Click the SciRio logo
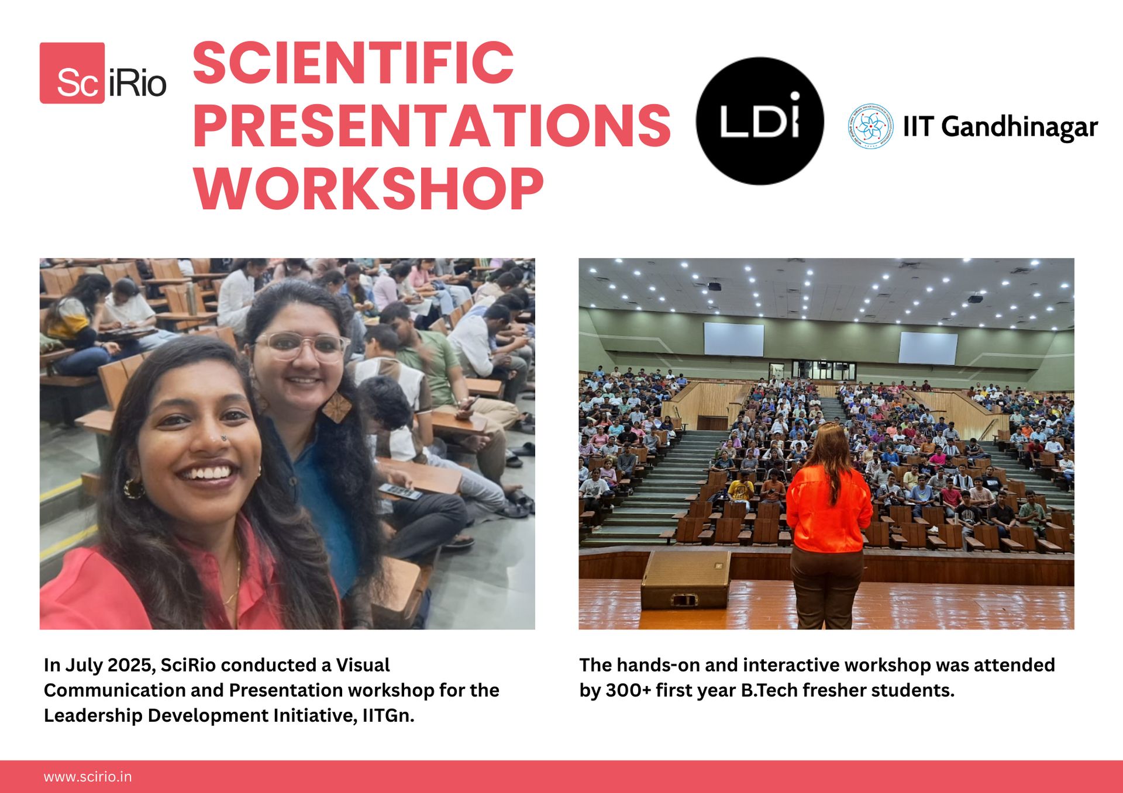coord(103,73)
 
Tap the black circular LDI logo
coord(760,121)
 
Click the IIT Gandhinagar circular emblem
coord(870,126)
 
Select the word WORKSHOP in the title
coord(369,188)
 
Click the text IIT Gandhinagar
coord(1000,127)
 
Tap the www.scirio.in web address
coord(88,777)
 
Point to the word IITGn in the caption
coord(388,715)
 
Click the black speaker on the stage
coord(685,579)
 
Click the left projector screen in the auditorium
coord(733,339)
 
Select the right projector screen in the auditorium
coord(928,348)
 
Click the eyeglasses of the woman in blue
coord(301,346)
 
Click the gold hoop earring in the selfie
coord(133,488)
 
